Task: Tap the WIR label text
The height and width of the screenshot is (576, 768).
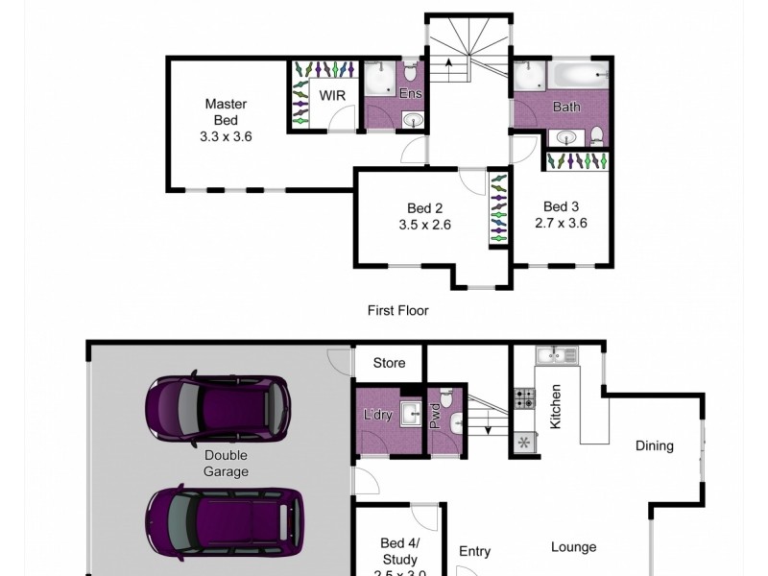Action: point(332,96)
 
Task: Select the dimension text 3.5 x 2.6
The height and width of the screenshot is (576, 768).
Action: point(424,225)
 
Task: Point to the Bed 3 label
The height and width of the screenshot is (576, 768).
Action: point(561,205)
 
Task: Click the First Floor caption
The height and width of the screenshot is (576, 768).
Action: point(397,310)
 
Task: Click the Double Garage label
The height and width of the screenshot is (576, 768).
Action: point(227,464)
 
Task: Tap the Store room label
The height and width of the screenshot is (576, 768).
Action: point(389,363)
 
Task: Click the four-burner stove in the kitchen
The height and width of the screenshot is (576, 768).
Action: point(525,398)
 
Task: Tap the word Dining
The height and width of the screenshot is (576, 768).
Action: point(654,445)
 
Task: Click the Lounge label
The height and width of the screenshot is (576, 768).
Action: point(573,547)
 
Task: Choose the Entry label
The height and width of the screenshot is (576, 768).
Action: point(474,551)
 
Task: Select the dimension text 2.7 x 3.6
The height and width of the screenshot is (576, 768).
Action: point(561,223)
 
